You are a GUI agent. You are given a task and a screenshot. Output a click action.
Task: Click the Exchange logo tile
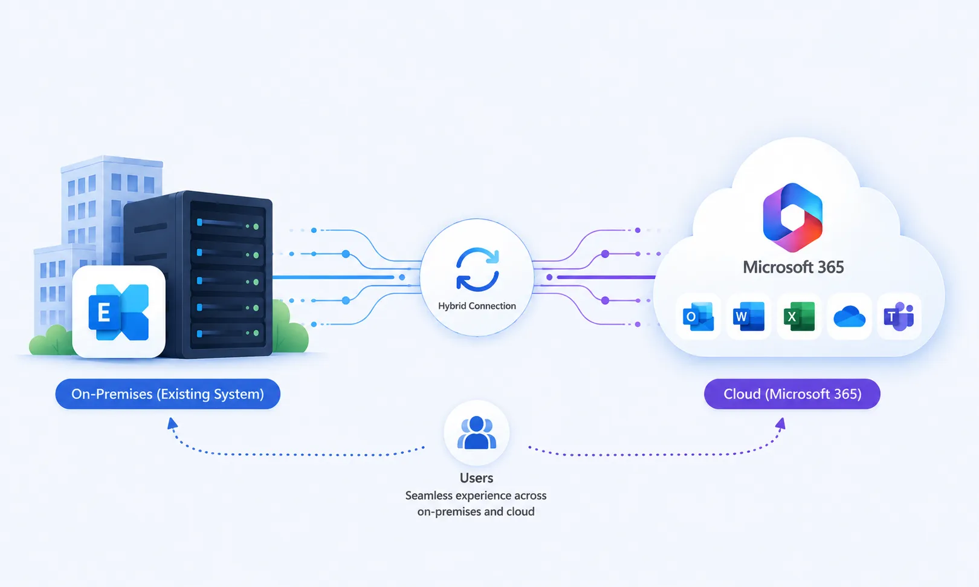click(118, 312)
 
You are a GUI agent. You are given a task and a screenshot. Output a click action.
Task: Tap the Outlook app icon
click(699, 316)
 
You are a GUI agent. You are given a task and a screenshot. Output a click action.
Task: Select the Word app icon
click(749, 316)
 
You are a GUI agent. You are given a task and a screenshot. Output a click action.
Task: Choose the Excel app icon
click(799, 316)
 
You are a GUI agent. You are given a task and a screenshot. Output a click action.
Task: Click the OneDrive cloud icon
click(849, 316)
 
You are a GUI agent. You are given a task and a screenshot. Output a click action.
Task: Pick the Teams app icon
click(899, 316)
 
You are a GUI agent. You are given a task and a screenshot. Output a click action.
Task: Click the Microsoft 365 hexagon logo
click(793, 217)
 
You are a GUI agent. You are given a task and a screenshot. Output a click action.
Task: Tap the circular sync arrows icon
click(477, 270)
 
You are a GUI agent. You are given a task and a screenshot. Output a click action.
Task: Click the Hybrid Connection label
click(477, 305)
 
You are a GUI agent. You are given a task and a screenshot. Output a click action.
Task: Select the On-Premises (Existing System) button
click(168, 394)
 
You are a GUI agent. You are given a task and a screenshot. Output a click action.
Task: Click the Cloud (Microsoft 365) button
click(792, 394)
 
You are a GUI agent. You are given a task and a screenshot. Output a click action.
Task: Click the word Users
click(476, 478)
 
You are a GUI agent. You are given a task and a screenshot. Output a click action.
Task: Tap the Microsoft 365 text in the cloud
click(793, 267)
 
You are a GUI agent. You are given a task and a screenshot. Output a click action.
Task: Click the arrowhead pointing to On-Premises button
click(172, 423)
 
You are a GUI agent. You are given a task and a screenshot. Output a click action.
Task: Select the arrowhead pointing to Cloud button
click(781, 424)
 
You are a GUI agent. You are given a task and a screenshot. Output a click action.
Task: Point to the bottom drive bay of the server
click(228, 334)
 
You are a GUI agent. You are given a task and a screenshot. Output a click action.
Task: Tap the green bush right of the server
click(290, 328)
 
